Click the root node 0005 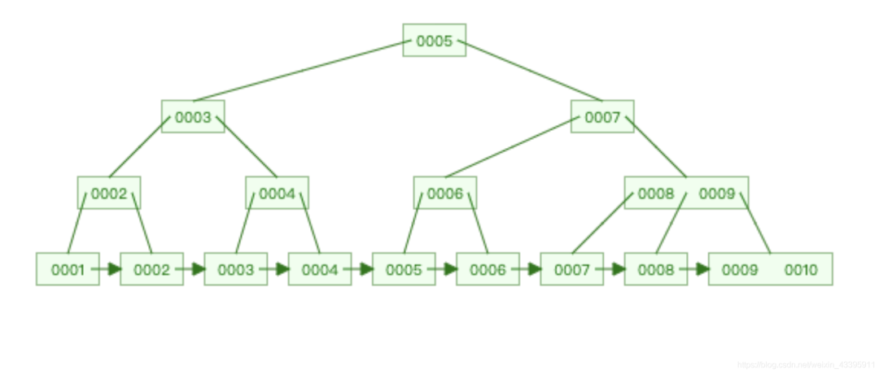coord(434,41)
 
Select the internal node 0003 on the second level coord(193,117)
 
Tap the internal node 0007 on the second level coord(602,117)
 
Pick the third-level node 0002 coord(109,194)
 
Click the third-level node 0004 coord(277,194)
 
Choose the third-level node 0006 coord(444,194)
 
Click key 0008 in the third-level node coord(656,194)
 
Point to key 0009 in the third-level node coord(717,194)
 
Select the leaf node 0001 coord(68,270)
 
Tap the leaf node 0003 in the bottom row coord(236,270)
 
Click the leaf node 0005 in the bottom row coord(404,270)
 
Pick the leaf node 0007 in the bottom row coord(571,270)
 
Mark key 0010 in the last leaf coord(801,270)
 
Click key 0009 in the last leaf coord(740,270)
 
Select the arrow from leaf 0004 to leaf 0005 coord(361,269)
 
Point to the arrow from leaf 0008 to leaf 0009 coord(698,269)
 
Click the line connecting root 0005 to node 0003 coord(298,71)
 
